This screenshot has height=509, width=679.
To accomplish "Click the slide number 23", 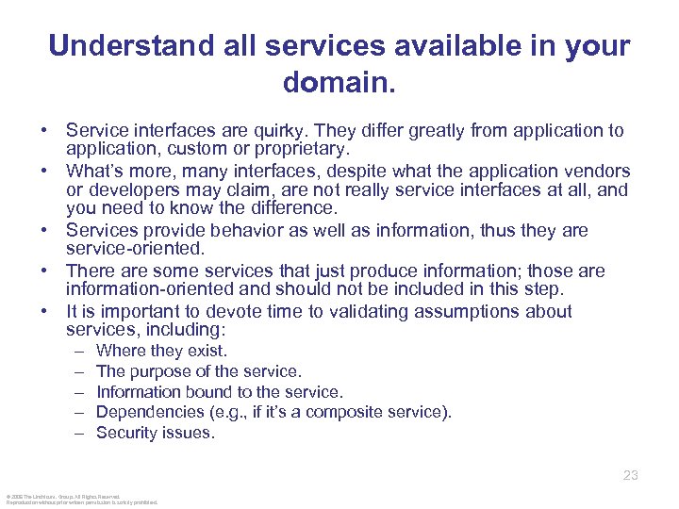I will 631,475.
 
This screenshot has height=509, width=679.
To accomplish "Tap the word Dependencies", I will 143,412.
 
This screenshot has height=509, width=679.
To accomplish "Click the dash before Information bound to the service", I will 76,392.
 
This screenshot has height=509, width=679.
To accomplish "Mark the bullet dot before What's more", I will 46,172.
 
